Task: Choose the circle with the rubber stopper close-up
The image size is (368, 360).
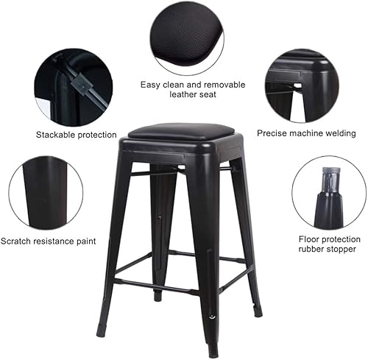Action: pos(328,192)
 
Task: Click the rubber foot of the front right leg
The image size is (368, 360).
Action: pos(213,348)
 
